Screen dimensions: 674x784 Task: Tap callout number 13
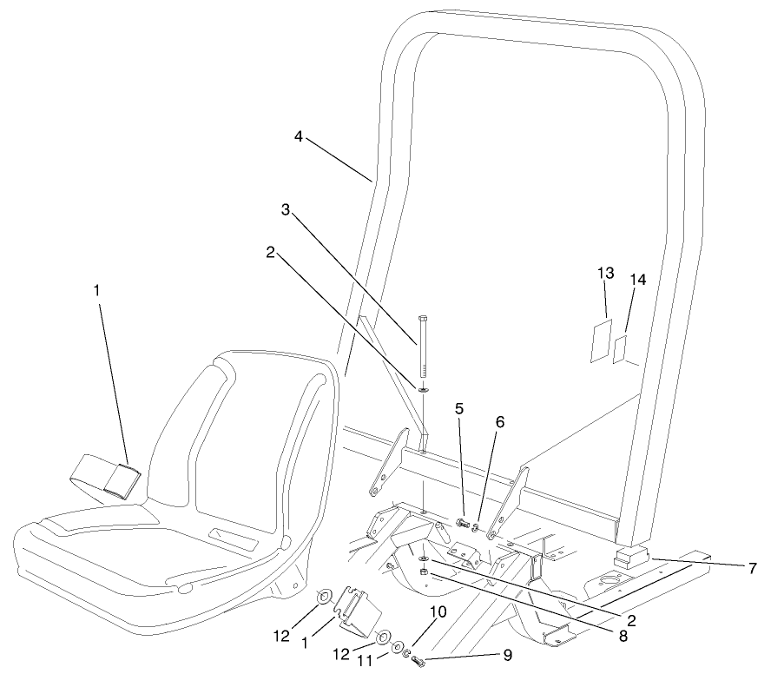click(606, 273)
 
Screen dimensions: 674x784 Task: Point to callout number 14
click(639, 280)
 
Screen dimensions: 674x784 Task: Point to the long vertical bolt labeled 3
click(422, 347)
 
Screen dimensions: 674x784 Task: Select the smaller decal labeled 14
click(620, 350)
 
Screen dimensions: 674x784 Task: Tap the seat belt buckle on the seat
click(119, 479)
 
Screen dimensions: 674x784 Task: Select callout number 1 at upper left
click(96, 290)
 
